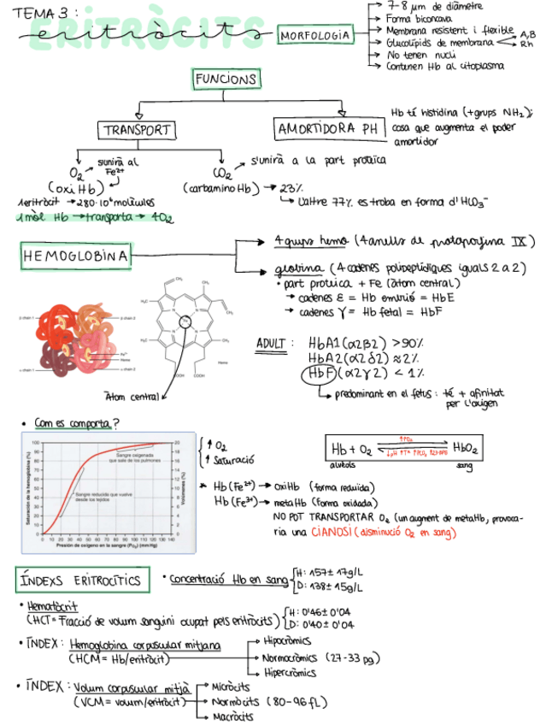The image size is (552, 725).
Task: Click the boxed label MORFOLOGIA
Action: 315,35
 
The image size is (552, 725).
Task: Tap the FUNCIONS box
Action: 226,80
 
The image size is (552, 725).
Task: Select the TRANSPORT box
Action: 137,131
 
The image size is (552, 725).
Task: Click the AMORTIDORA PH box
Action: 328,129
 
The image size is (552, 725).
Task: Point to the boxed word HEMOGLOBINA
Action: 76,256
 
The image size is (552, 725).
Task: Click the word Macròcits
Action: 233,716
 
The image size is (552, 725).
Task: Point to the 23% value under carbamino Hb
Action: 291,187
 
